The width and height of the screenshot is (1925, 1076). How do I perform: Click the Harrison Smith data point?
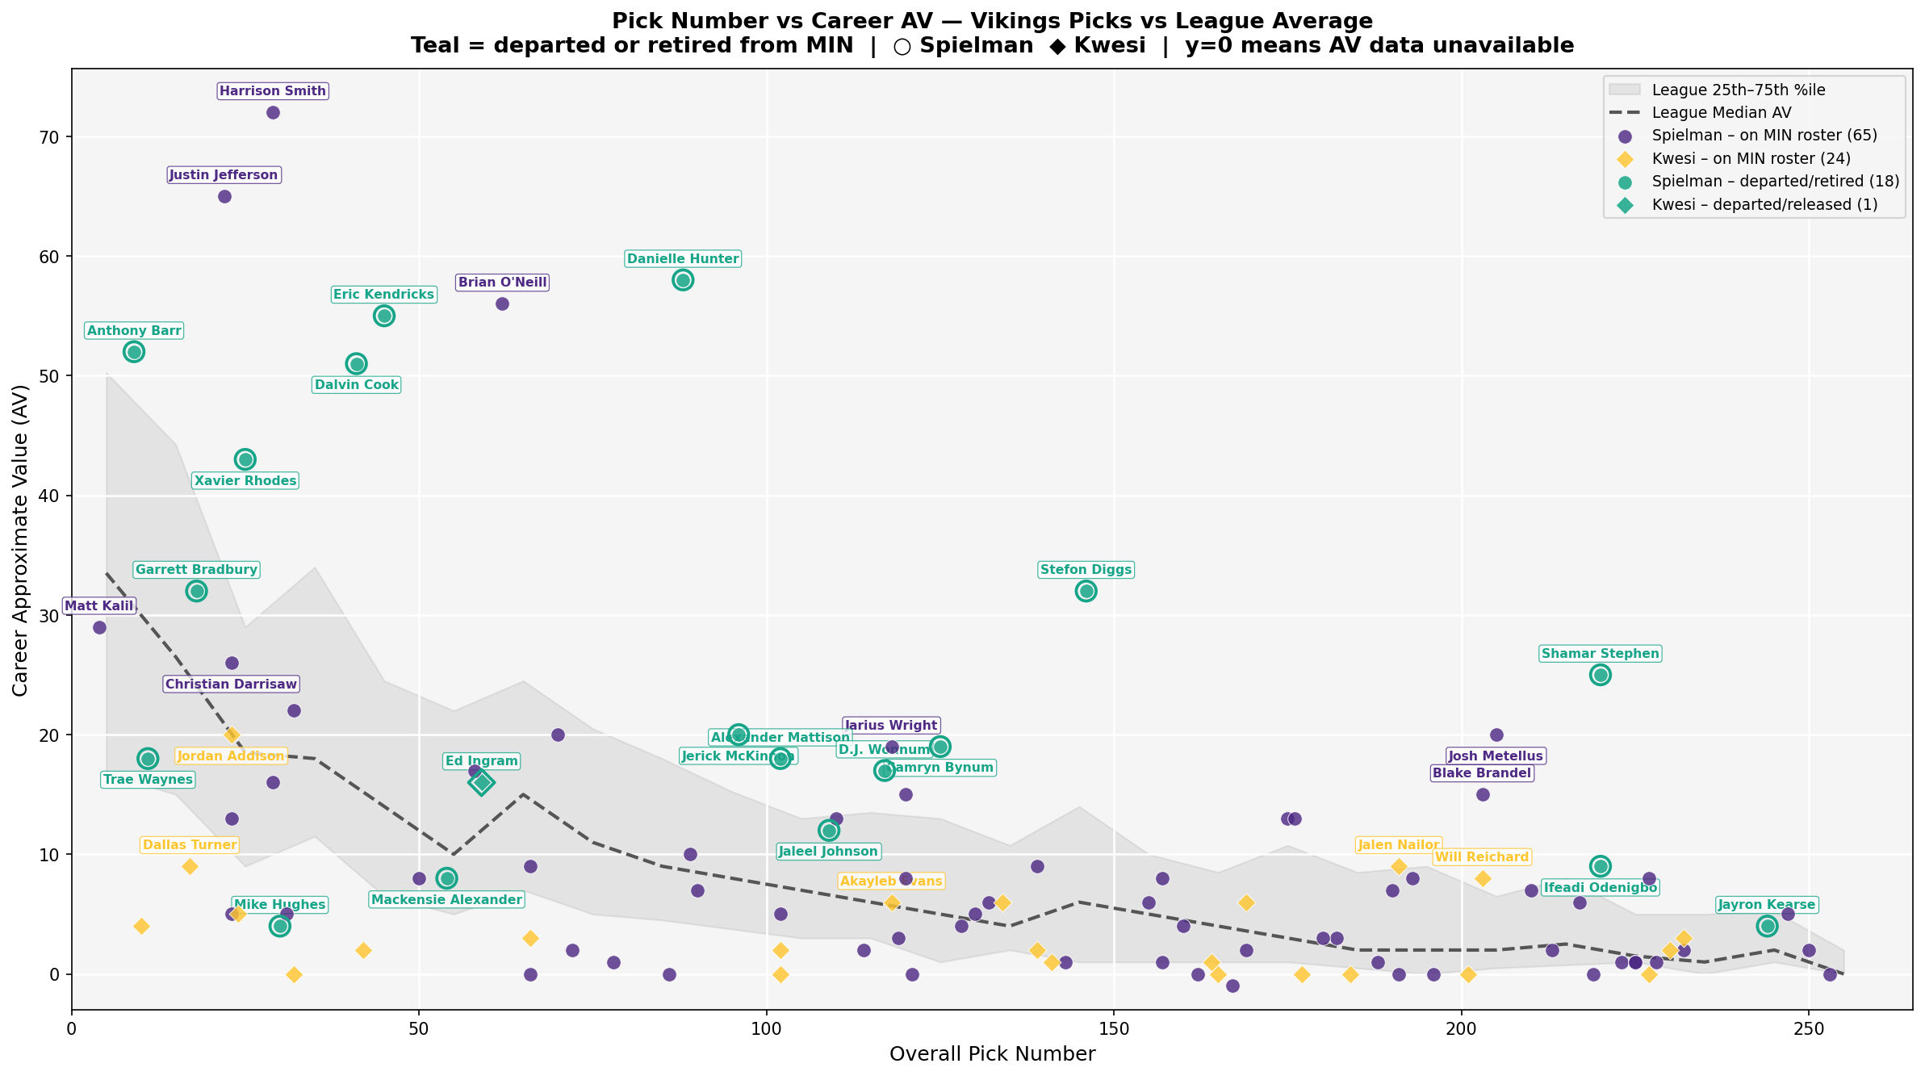click(x=273, y=112)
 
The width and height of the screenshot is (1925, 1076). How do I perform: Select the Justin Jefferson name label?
click(x=224, y=175)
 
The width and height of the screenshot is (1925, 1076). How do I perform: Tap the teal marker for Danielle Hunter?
click(x=683, y=280)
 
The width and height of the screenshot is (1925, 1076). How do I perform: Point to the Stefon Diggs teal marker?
click(x=1086, y=591)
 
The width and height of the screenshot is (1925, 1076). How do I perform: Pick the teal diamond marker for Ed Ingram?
click(x=482, y=782)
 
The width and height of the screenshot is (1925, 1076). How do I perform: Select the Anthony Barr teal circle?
click(x=134, y=352)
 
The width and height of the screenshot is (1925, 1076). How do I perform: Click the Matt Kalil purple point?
click(x=99, y=627)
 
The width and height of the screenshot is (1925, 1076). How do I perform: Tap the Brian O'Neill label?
click(x=502, y=283)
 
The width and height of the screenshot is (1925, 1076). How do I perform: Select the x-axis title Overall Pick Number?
click(x=992, y=1054)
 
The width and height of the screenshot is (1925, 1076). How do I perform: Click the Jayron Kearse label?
click(x=1767, y=905)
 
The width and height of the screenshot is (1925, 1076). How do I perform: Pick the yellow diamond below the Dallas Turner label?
click(x=190, y=866)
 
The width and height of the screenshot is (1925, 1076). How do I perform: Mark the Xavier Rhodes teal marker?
click(x=245, y=459)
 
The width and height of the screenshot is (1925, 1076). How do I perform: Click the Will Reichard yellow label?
click(x=1481, y=857)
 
